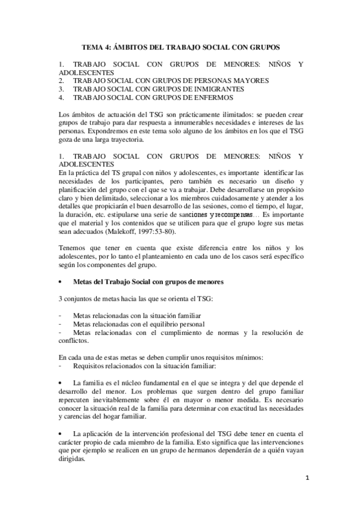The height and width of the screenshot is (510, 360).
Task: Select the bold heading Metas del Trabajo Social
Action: pos(124,281)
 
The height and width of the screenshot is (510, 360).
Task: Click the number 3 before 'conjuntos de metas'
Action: pos(60,299)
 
